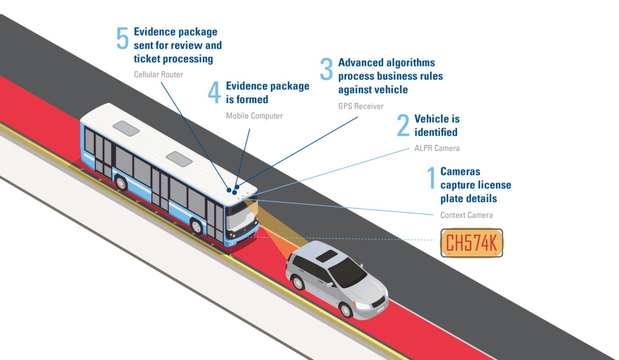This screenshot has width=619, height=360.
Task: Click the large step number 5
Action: click(122, 39)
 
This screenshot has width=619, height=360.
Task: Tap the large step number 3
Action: click(327, 70)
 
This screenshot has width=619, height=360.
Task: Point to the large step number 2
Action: click(403, 126)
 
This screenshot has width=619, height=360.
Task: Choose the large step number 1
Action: click(431, 178)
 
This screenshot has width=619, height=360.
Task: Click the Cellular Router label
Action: click(158, 74)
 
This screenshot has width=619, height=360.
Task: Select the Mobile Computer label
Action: click(254, 116)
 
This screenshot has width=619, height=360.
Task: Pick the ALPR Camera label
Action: click(436, 148)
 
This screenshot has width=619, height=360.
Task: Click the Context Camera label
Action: click(466, 215)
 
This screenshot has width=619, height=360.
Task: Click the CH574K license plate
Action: click(471, 243)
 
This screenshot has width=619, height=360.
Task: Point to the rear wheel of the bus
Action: click(121, 182)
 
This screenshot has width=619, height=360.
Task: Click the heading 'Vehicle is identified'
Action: click(436, 125)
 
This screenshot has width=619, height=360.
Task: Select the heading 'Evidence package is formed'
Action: click(267, 92)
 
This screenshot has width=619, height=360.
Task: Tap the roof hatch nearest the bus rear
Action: click(126, 128)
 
